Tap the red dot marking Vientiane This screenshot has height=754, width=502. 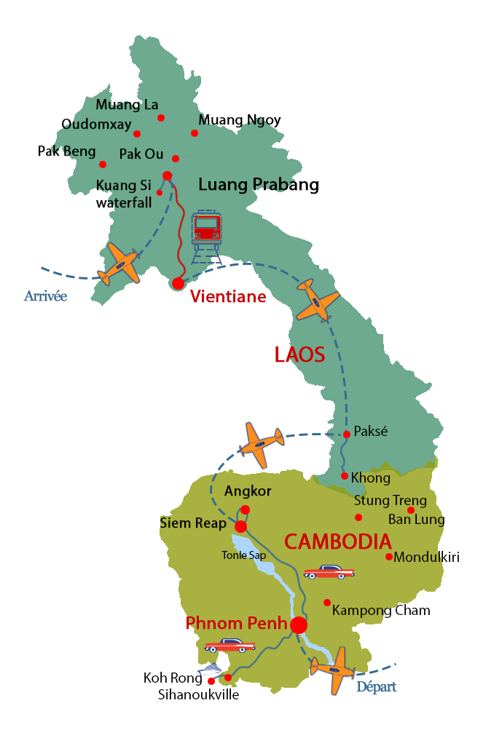click(178, 283)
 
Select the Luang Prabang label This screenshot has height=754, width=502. click(259, 185)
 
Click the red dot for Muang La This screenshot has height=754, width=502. click(161, 118)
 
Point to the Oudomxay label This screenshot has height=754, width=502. click(96, 124)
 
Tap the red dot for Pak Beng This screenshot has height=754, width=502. click(103, 164)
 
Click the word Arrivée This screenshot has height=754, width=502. click(45, 296)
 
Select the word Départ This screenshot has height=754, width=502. click(376, 687)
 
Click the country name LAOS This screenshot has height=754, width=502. click(299, 355)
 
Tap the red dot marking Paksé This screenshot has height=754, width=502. click(347, 434)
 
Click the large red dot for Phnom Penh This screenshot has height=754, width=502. click(299, 625)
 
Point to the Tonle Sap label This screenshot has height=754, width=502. click(244, 555)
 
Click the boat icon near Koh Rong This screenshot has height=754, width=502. click(211, 670)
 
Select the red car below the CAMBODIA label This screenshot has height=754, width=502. click(329, 572)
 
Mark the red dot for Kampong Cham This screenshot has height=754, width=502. click(327, 602)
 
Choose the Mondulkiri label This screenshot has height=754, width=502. click(426, 557)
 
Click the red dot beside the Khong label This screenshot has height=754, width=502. click(345, 476)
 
